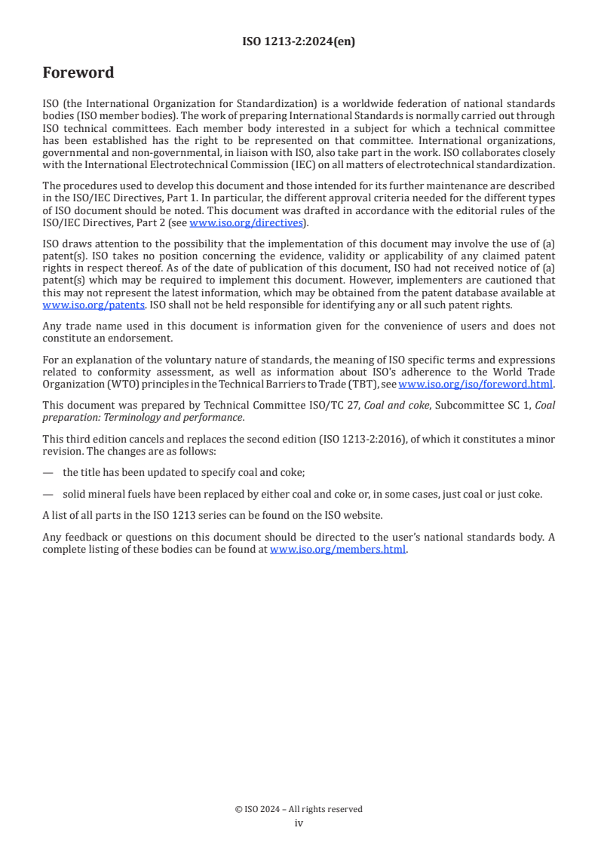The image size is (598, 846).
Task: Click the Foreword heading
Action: (x=78, y=73)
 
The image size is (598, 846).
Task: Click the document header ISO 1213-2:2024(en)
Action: (x=299, y=42)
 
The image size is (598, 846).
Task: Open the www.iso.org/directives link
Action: (x=246, y=222)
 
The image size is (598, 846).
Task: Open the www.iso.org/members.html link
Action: (x=338, y=550)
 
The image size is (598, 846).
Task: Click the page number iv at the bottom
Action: (x=299, y=823)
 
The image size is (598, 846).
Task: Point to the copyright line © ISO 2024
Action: (x=299, y=809)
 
